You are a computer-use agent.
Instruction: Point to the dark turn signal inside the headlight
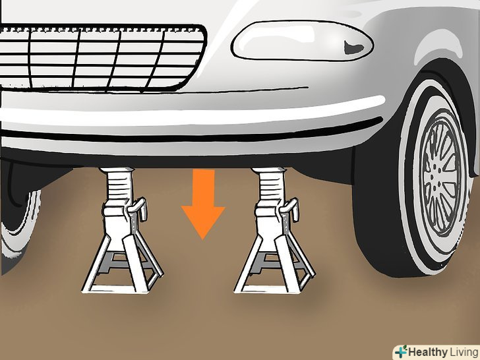(x=353, y=47)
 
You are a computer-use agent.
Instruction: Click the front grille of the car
(x=101, y=57)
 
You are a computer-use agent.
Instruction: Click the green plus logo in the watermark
(x=401, y=351)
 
